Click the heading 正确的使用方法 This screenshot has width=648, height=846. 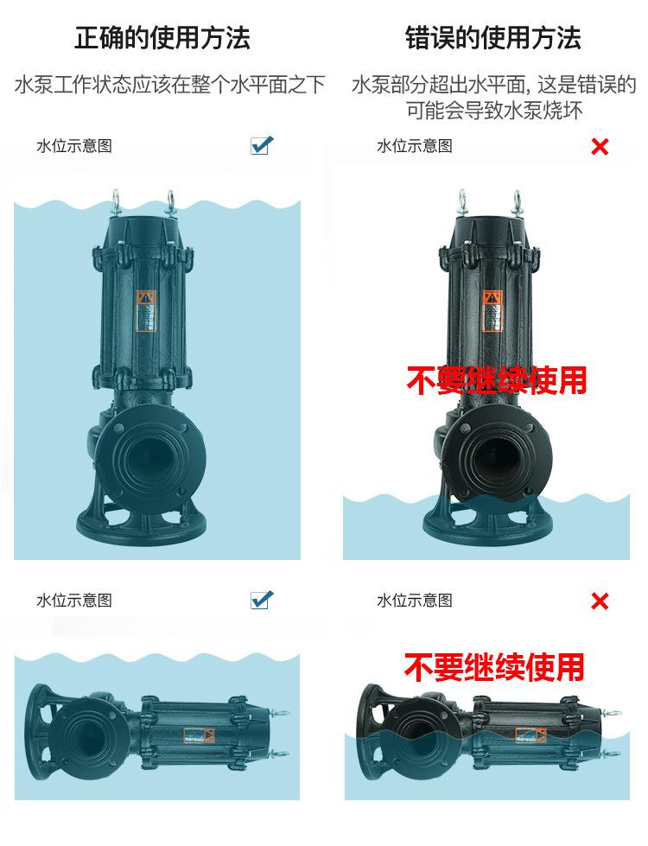pyautogui.click(x=162, y=38)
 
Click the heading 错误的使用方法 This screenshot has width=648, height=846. pyautogui.click(x=493, y=38)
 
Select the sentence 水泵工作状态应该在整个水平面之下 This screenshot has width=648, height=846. pyautogui.click(x=170, y=85)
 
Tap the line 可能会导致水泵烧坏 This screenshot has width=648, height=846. pyautogui.click(x=494, y=111)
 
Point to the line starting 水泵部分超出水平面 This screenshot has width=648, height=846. pyautogui.click(x=493, y=85)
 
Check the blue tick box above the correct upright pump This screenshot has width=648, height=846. pyautogui.click(x=261, y=145)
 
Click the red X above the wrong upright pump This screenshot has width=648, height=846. pyautogui.click(x=599, y=147)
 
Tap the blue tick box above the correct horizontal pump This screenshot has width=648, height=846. pyautogui.click(x=261, y=599)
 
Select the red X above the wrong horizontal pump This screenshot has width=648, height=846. pyautogui.click(x=599, y=601)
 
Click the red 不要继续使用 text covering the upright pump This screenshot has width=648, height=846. pyautogui.click(x=496, y=380)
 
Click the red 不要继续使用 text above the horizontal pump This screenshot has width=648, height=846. pyautogui.click(x=494, y=666)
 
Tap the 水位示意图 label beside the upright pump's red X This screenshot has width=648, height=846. pyautogui.click(x=414, y=146)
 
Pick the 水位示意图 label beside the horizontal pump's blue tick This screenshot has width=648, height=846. pyautogui.click(x=74, y=601)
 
